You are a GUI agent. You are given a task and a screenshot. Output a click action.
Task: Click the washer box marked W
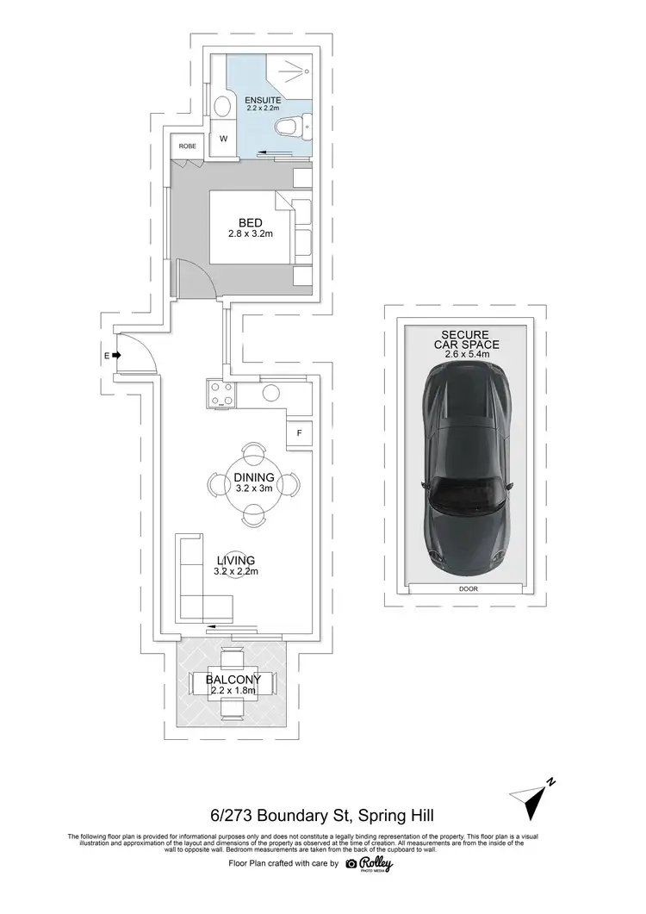click(222, 139)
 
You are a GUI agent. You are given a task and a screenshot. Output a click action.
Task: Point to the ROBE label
click(187, 146)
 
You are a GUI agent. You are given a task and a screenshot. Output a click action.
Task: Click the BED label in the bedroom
click(251, 222)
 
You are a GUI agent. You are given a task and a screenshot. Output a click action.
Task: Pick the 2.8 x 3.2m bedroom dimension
click(251, 234)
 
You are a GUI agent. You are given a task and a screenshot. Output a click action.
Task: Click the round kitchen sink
click(270, 393)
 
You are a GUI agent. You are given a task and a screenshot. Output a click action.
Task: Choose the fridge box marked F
click(299, 433)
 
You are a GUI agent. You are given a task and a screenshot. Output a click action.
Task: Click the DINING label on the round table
click(253, 477)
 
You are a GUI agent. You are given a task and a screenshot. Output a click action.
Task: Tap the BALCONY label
click(233, 680)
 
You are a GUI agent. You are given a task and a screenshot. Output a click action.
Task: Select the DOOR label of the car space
click(469, 589)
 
